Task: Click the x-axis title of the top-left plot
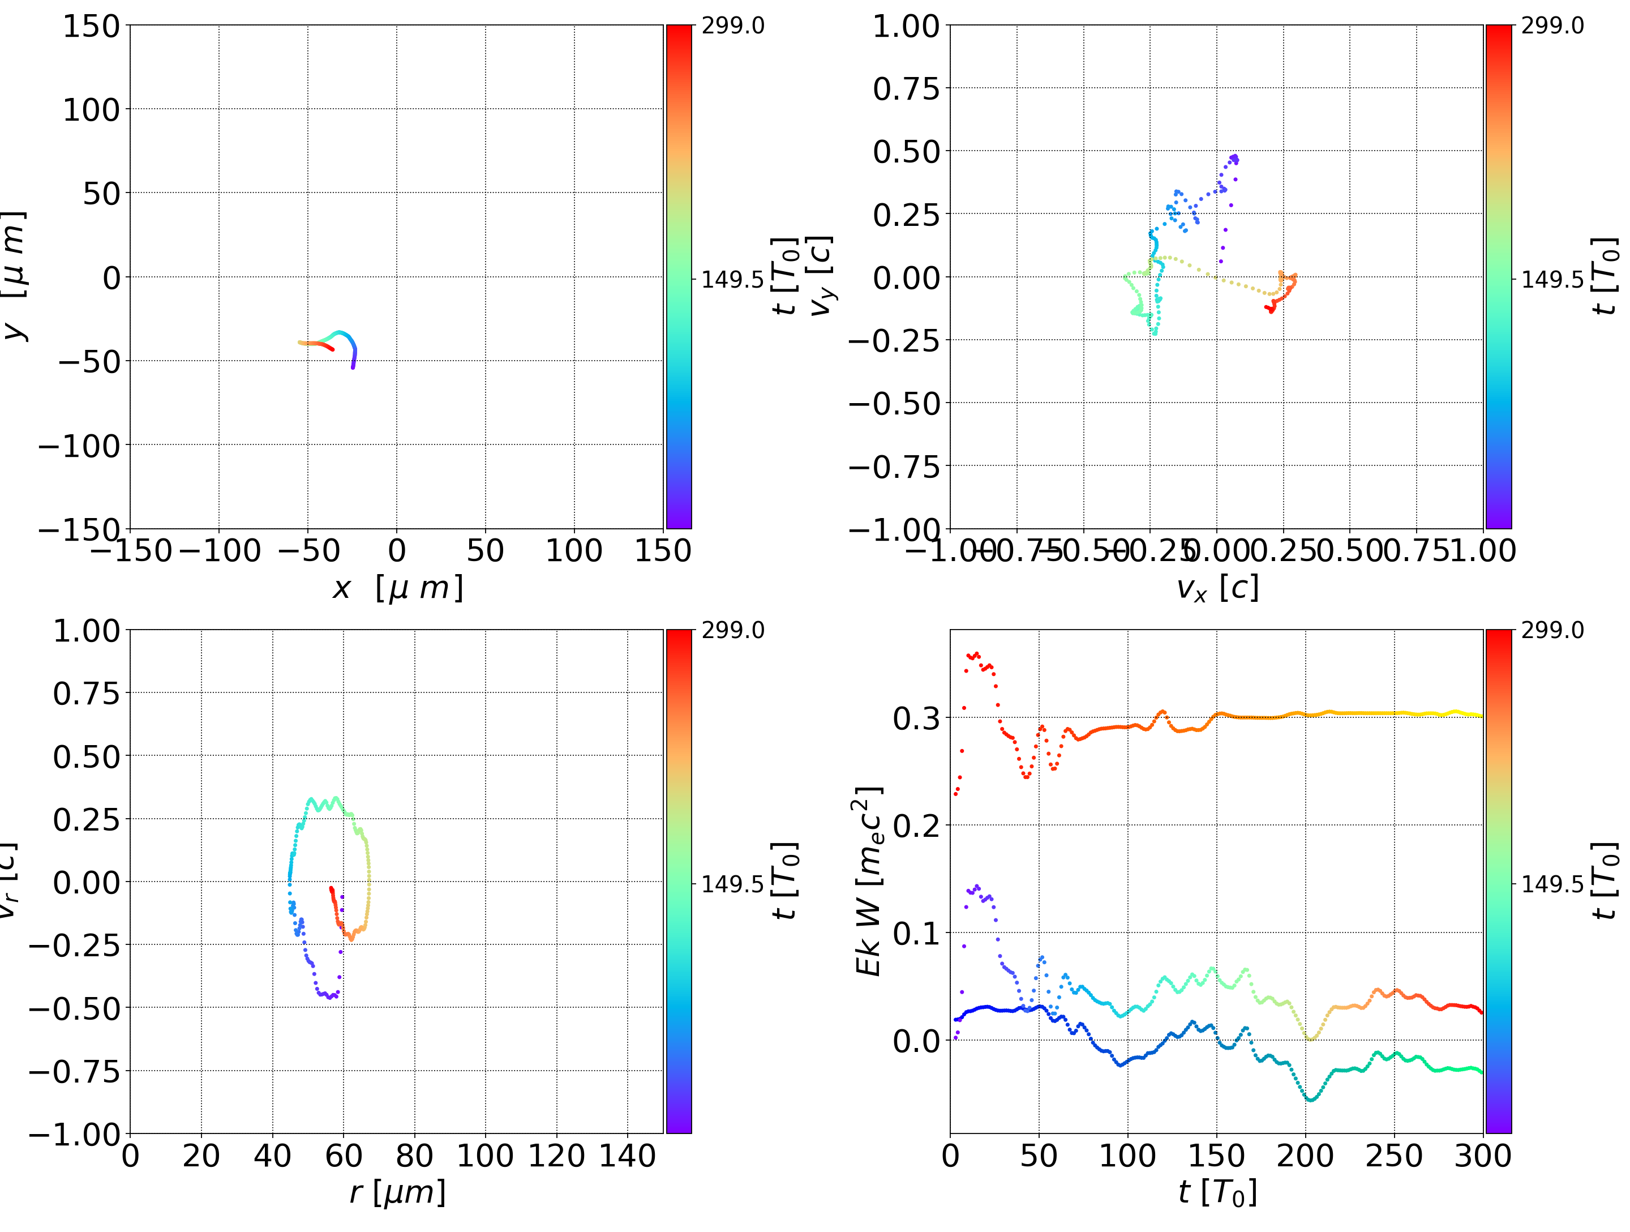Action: point(397,588)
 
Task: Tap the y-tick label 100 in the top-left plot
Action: point(91,110)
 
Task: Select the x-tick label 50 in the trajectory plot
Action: point(485,551)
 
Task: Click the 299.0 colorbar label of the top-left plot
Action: point(732,26)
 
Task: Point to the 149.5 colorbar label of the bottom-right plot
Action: point(1552,883)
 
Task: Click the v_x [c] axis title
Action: point(1217,588)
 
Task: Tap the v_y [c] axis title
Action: point(821,276)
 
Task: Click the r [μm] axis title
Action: point(397,1193)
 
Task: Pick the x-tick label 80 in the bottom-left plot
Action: point(414,1156)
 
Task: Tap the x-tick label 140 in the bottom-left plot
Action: point(627,1156)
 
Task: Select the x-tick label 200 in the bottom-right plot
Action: point(1305,1156)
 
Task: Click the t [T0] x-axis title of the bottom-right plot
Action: point(1217,1193)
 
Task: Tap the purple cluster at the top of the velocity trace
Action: point(1234,159)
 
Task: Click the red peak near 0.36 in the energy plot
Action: point(974,654)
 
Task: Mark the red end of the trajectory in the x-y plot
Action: point(332,349)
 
